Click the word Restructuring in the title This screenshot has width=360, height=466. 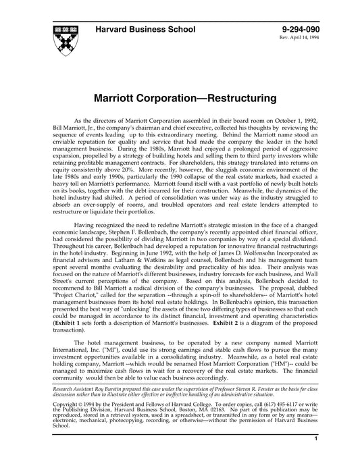coord(231,98)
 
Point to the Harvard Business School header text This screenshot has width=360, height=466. coord(145,30)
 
